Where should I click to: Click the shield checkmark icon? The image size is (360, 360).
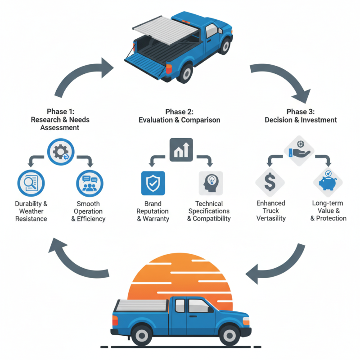coord(153,183)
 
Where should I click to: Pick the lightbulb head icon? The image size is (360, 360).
coord(210,183)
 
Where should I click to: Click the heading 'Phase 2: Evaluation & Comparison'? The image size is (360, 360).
coord(180,116)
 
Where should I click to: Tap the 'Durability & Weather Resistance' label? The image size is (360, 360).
coord(31,211)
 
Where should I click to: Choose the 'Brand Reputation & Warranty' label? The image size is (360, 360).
coord(153,211)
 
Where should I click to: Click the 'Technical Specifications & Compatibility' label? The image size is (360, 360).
coord(209,211)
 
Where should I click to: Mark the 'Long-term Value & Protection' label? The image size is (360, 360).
coord(328,211)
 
